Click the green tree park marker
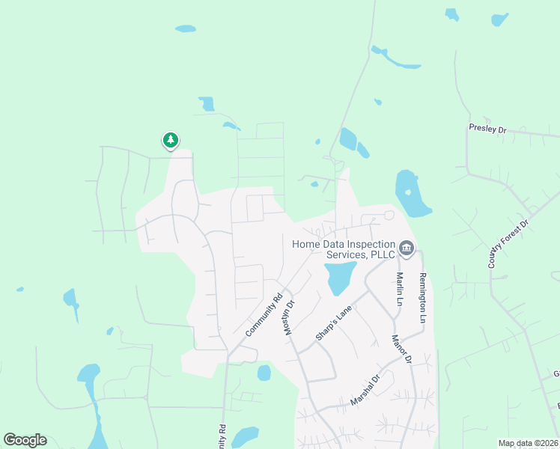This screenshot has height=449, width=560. coord(171,140)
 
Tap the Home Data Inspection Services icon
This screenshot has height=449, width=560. coord(406,248)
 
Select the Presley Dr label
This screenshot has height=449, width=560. coord(487,129)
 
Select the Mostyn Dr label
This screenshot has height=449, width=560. coord(291,318)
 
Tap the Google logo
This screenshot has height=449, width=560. coord(25,440)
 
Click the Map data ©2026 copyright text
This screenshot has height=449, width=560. coord(528,443)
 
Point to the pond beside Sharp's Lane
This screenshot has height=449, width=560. coord(339,277)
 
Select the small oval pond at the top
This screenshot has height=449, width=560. coord(185,29)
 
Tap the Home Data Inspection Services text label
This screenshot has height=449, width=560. coord(343,249)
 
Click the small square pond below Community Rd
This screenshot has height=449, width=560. coord(264,373)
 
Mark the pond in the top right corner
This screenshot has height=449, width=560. coord(499,19)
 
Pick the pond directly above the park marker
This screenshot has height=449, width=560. coord(207,104)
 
